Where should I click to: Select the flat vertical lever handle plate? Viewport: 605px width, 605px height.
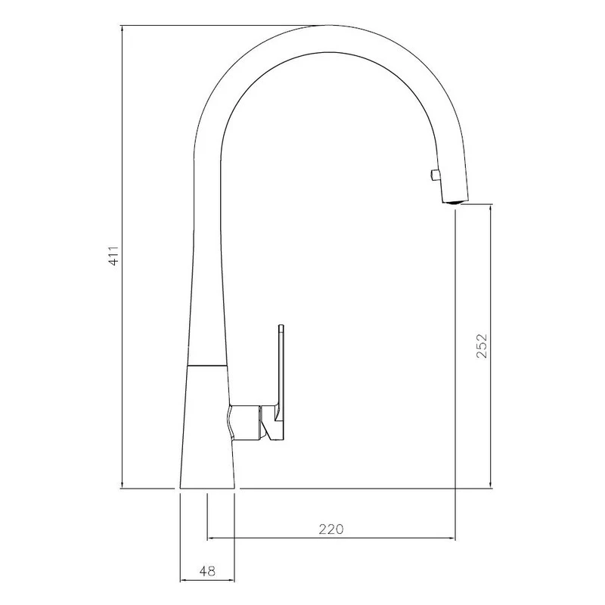(x=281, y=371)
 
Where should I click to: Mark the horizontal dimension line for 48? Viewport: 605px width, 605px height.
(x=208, y=582)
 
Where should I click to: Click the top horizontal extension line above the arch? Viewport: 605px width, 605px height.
(x=219, y=26)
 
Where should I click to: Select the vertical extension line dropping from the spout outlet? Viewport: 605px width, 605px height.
(x=455, y=378)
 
